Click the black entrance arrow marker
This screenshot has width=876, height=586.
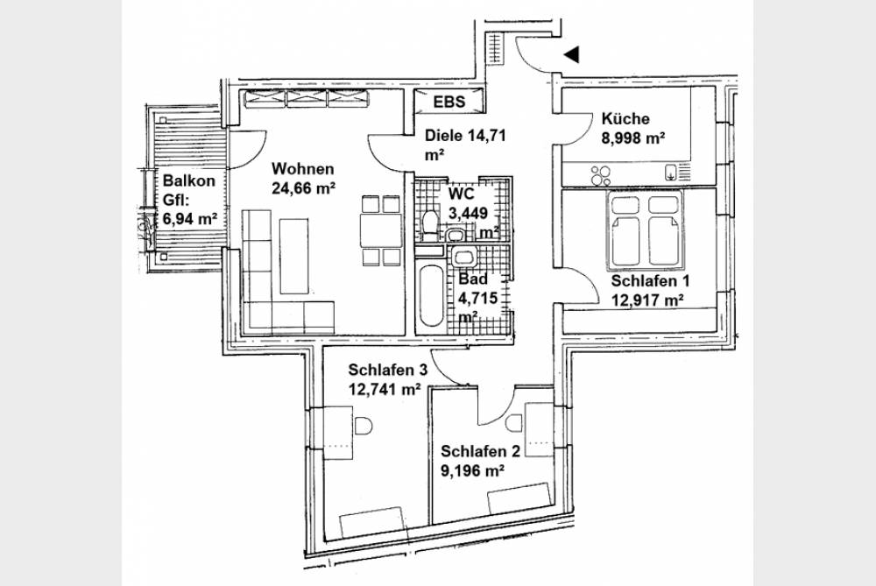572,54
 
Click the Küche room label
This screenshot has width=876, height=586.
625,120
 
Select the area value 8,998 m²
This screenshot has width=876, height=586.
635,138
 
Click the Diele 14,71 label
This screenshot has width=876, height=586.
466,136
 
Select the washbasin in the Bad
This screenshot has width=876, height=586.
462,256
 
